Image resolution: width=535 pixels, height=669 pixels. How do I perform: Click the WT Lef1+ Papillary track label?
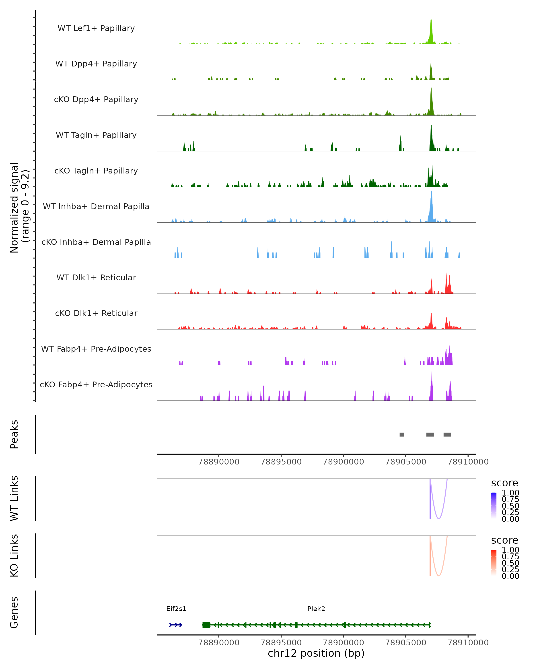96,28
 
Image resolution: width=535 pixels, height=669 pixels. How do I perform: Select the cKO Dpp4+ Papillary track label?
96,99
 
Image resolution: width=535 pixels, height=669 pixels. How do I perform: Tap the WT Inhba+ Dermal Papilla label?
96,206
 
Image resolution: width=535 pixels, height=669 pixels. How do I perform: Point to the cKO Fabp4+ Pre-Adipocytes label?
96,384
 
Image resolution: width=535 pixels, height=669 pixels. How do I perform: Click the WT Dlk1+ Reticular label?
96,277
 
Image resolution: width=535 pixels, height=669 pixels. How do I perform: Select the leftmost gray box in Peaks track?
402,434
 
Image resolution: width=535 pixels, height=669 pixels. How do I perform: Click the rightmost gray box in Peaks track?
447,434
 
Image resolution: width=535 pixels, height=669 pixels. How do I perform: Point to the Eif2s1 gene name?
176,609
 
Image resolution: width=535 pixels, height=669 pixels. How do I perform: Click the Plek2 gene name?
316,609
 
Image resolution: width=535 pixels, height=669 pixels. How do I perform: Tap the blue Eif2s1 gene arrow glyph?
175,625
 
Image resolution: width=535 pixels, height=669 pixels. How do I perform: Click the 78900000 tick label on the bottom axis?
343,643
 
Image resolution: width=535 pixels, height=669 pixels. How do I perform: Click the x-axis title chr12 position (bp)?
316,653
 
